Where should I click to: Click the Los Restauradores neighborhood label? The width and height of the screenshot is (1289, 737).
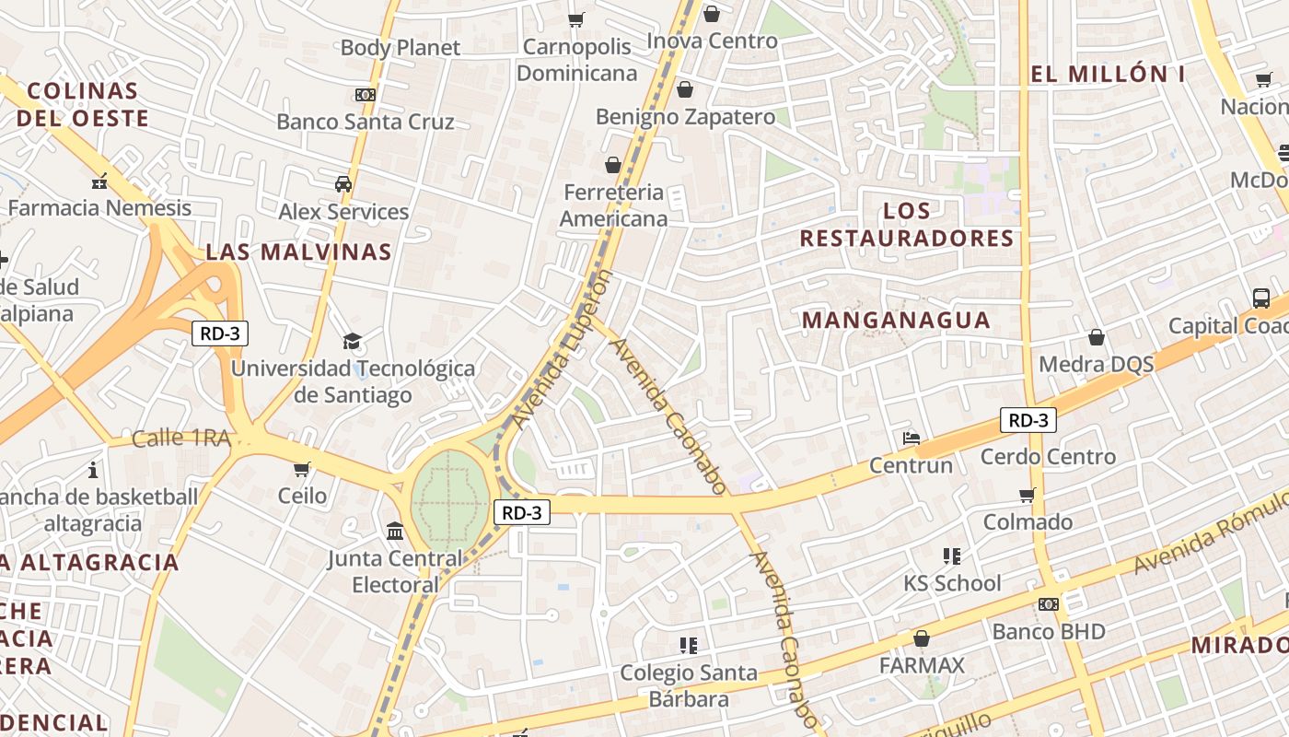pyautogui.click(x=907, y=225)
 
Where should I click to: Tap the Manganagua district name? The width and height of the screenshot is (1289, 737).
pyautogui.click(x=896, y=321)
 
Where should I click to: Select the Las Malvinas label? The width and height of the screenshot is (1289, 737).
pyautogui.click(x=298, y=252)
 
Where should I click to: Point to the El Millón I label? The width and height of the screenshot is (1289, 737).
pyautogui.click(x=1108, y=75)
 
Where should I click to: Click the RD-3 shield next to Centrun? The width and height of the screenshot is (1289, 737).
pyautogui.click(x=1028, y=421)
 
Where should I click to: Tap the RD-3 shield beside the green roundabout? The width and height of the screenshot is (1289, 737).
pyautogui.click(x=522, y=513)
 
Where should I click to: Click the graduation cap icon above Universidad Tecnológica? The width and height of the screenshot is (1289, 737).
pyautogui.click(x=353, y=342)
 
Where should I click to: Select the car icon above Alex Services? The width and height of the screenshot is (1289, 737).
pyautogui.click(x=343, y=184)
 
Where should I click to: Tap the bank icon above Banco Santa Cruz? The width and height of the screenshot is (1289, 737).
pyautogui.click(x=366, y=95)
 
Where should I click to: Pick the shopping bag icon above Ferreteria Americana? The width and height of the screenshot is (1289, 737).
pyautogui.click(x=613, y=165)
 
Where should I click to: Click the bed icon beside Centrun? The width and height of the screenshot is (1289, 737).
pyautogui.click(x=912, y=439)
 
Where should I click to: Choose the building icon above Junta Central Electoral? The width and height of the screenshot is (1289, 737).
pyautogui.click(x=395, y=532)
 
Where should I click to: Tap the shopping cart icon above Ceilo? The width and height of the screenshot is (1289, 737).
pyautogui.click(x=302, y=469)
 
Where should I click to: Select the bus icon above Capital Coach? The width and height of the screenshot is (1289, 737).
pyautogui.click(x=1261, y=298)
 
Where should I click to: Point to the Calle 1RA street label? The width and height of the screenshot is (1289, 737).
pyautogui.click(x=180, y=439)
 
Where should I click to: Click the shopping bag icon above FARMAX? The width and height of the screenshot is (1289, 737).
pyautogui.click(x=921, y=638)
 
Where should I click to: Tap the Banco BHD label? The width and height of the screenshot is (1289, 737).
pyautogui.click(x=1049, y=632)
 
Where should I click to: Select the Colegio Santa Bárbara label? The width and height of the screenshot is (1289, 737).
pyautogui.click(x=689, y=685)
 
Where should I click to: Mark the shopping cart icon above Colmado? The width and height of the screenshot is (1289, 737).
pyautogui.click(x=1028, y=496)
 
